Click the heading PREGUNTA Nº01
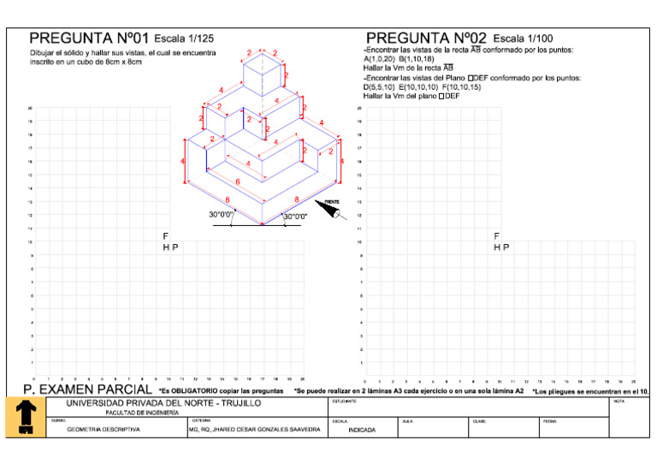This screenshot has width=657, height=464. click(x=90, y=39)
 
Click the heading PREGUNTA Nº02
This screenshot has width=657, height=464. click(x=426, y=39)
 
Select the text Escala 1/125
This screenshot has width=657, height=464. click(x=183, y=39)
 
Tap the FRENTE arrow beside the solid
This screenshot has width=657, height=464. click(x=328, y=206)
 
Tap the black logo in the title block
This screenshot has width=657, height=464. click(x=25, y=416)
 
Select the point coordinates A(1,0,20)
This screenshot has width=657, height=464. click(x=379, y=59)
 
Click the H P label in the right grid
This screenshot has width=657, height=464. click(x=501, y=247)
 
